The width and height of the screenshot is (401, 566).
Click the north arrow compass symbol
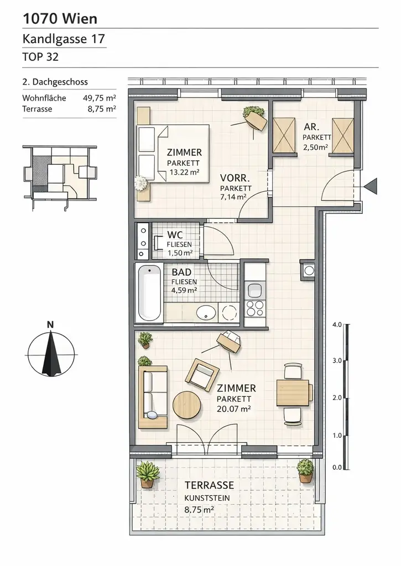coord(50,353)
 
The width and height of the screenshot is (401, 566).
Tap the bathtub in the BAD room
coord(148,295)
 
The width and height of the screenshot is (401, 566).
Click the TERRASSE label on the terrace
coord(209,485)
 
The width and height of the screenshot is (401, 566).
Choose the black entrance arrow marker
coord(371,186)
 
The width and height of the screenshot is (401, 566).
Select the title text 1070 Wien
coord(60,19)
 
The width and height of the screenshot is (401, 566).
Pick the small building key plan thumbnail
coord(59,175)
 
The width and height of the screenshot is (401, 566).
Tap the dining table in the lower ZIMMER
coord(293,392)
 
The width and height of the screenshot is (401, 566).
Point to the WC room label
coord(175,234)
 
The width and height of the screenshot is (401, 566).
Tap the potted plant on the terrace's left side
coord(147,474)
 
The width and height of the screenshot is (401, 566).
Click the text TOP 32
coord(40,56)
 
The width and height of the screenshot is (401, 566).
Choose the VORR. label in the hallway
coord(236,179)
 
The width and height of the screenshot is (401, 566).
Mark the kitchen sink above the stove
coord(255,290)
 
